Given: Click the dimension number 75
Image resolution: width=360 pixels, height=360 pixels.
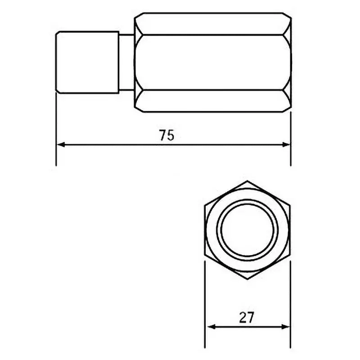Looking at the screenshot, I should coord(166,135).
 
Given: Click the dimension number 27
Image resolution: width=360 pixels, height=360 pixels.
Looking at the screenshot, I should coord(246,318).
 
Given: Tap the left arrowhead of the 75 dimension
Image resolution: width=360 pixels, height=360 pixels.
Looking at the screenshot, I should coord(60,144).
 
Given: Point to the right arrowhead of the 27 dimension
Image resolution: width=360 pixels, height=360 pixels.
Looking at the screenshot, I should coord(284,327).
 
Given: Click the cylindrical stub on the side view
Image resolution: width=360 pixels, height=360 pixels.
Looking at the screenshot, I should coord(88,62).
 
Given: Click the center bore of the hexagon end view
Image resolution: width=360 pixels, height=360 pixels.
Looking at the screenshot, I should coord(246,231).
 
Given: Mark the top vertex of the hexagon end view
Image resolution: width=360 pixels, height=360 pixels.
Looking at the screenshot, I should coord(246,182).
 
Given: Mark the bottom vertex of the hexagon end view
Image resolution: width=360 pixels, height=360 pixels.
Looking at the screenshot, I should coord(246,279).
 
